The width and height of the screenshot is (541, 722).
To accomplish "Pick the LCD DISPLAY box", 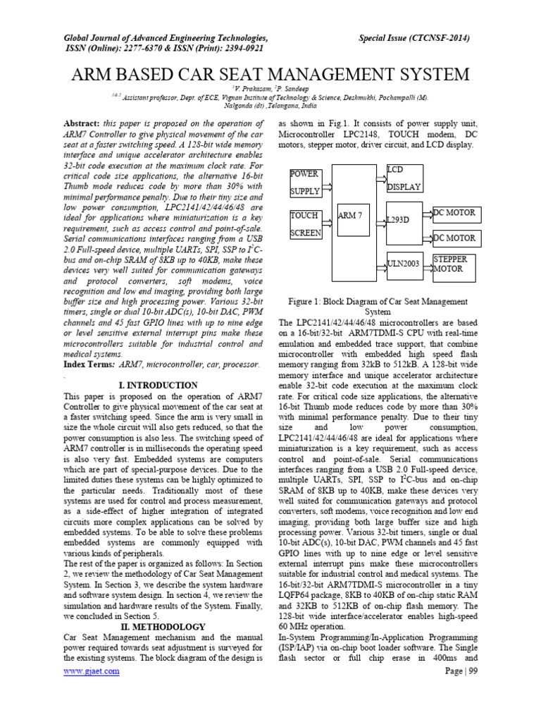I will (x=404, y=179).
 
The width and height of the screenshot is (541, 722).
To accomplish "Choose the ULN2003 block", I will (x=403, y=264).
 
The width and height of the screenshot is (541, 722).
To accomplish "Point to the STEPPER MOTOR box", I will (x=454, y=264).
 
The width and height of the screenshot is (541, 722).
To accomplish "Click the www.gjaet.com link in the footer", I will (x=92, y=671).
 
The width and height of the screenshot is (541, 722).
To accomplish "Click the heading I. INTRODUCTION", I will (x=158, y=386).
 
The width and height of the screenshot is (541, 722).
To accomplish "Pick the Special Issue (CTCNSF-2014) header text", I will (x=414, y=37).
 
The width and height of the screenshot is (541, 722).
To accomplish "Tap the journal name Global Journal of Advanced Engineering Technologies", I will (x=166, y=37).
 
